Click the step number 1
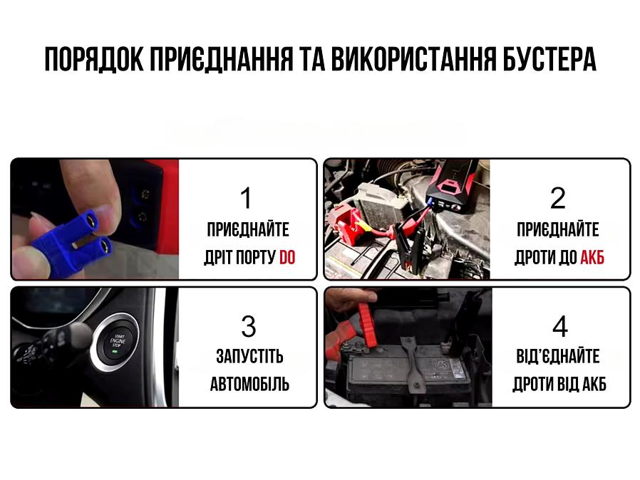point(246,199)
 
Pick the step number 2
point(558,199)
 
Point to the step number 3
point(248,326)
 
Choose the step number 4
point(560,326)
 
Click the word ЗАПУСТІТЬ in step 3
point(249,356)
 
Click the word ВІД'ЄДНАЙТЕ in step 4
point(559,356)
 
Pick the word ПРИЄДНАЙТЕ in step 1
point(248,229)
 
